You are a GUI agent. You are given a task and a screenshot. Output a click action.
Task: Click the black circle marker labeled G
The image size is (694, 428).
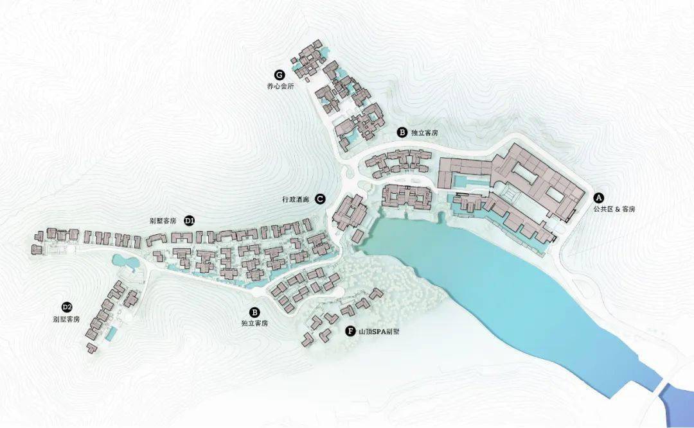(x=280, y=75)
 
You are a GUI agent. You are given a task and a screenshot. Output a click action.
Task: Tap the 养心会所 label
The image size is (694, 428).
(x=280, y=87)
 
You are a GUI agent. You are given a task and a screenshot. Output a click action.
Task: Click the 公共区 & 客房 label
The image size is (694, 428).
(x=610, y=210)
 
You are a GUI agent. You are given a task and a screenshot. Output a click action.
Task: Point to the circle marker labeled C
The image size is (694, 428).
(x=320, y=199)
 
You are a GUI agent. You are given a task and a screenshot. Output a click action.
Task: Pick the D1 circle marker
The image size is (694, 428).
(x=189, y=220)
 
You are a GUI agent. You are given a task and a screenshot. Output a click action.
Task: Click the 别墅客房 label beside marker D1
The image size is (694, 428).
(x=163, y=221)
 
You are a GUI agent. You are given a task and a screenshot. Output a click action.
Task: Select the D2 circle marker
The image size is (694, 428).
(x=66, y=307)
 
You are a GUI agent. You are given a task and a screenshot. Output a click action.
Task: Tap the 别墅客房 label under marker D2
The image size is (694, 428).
(x=67, y=319)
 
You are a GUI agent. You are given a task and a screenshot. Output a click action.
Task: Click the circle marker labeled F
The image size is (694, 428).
(x=350, y=331)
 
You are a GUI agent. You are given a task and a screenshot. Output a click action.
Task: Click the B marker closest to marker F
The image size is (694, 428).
(x=254, y=311)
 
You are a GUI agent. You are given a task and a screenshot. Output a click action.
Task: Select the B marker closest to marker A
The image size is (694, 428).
(x=402, y=133)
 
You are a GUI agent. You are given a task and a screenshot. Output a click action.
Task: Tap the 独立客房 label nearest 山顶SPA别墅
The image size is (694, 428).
(x=254, y=323)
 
